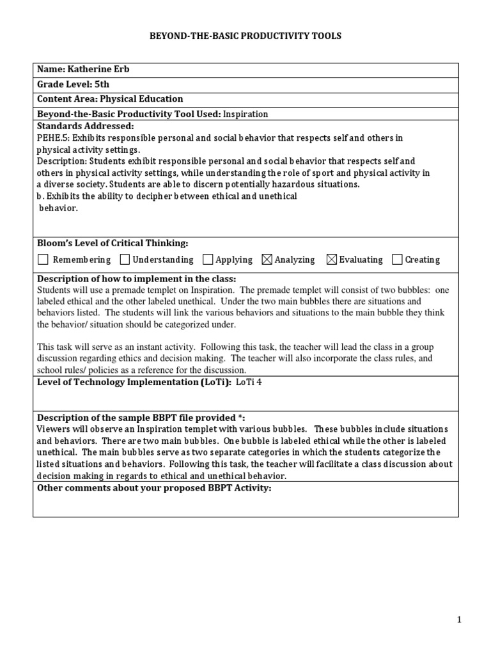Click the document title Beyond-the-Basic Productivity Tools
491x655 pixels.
245,36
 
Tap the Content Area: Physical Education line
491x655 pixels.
110,99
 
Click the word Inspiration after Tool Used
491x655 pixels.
245,114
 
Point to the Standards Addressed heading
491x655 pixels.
86,126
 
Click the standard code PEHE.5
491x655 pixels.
52,138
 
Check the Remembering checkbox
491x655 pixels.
43,260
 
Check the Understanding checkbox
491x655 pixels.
125,260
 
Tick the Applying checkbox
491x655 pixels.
208,260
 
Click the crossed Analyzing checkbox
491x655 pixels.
267,260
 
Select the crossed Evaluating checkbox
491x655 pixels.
331,260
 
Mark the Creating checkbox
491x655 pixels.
397,260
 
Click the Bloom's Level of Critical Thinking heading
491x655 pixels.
113,243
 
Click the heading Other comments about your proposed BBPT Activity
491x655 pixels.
154,488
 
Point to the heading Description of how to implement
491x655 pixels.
136,279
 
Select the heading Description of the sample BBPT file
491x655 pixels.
141,418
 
